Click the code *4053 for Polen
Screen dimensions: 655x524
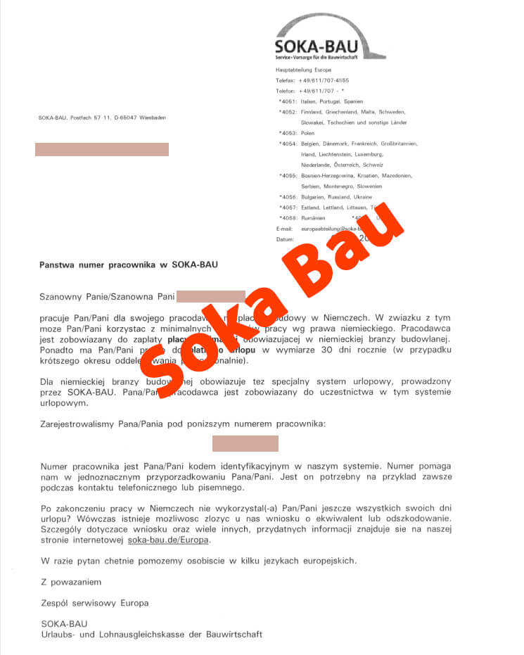tap(287, 133)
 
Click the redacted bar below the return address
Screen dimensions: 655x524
tap(102, 149)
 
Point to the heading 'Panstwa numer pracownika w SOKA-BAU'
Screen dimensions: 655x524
tap(129, 265)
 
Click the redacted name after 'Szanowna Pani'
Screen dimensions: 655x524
tap(210, 296)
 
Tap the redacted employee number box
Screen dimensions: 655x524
tap(245, 443)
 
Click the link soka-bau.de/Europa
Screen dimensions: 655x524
tap(169, 540)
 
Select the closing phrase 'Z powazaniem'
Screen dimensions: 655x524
tap(71, 582)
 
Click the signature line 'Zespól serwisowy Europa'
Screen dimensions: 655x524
tap(95, 603)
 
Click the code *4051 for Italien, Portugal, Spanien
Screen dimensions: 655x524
tap(287, 101)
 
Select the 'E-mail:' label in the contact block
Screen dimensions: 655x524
tap(284, 229)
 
